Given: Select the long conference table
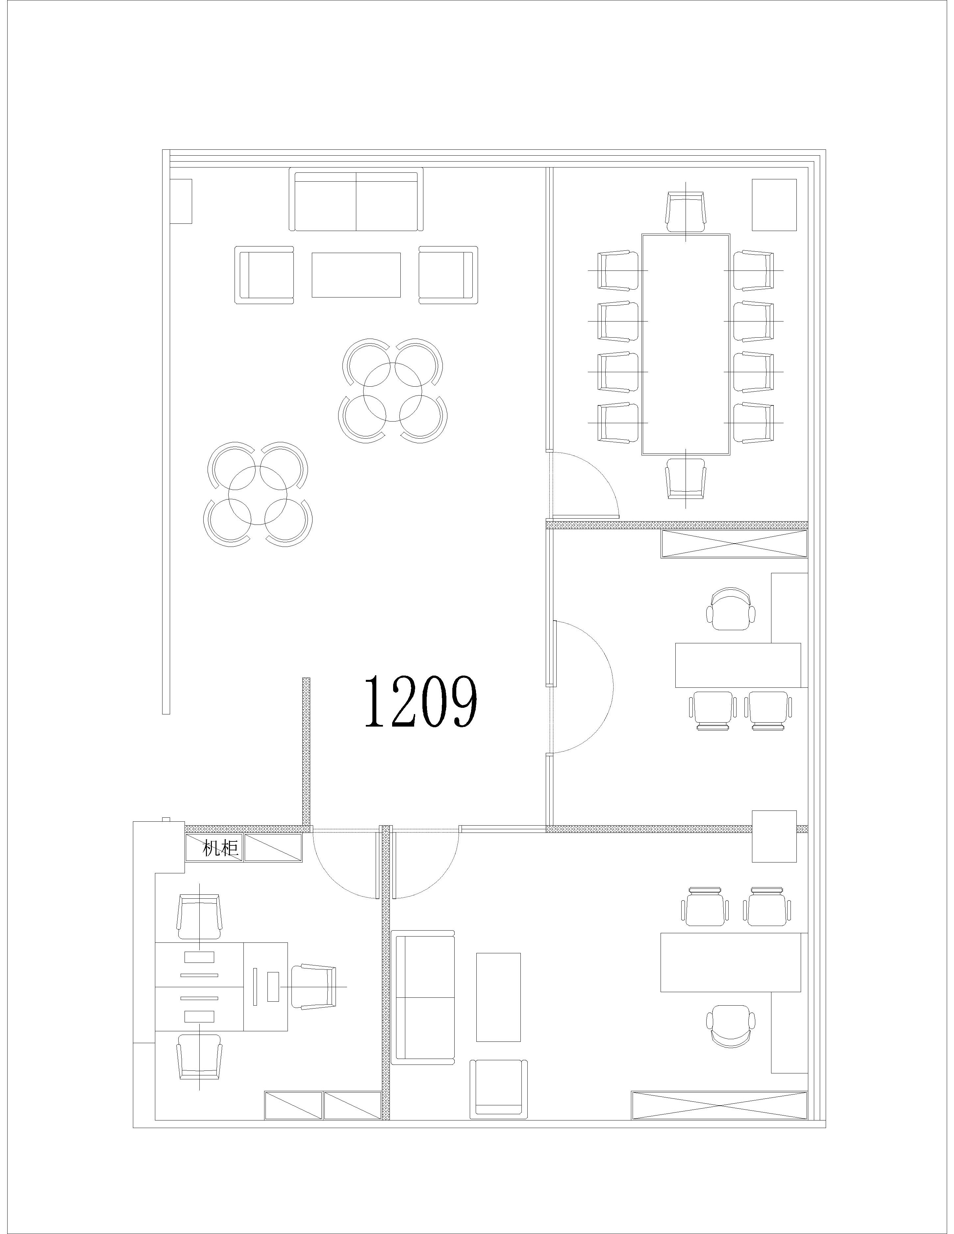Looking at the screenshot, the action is [x=686, y=344].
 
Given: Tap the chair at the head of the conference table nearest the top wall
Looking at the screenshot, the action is [x=686, y=212].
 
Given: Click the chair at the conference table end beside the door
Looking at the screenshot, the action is [x=686, y=478].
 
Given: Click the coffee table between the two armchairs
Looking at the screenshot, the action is [x=356, y=275].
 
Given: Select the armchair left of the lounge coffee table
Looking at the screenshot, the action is [x=264, y=274].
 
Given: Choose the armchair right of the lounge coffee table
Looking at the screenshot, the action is [x=448, y=274].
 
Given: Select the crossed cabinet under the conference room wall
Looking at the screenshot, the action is [x=734, y=545].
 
